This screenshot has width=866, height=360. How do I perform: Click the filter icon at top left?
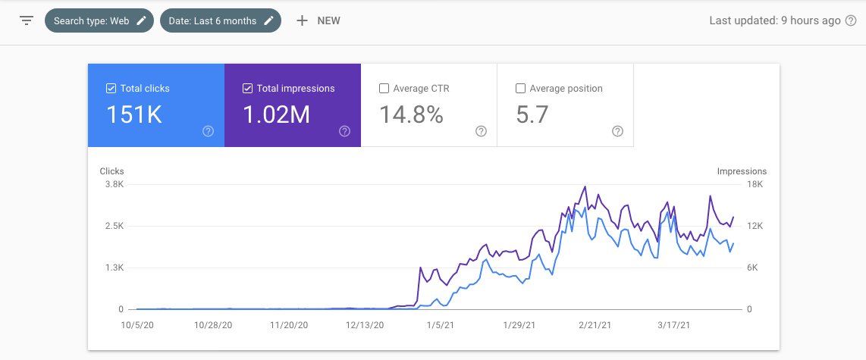click(x=27, y=20)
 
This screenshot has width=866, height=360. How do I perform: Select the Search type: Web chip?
click(x=99, y=20)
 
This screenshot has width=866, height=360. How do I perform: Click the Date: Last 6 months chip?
click(x=220, y=20)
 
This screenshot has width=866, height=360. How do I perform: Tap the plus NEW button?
click(x=318, y=20)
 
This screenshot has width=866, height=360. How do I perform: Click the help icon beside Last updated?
click(x=852, y=20)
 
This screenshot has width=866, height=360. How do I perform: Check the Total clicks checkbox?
click(x=111, y=89)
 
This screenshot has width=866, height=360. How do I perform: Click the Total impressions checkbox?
click(x=247, y=89)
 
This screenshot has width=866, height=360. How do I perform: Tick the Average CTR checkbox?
click(x=384, y=89)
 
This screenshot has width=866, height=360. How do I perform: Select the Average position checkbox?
click(x=520, y=89)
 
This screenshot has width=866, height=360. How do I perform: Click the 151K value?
click(x=134, y=114)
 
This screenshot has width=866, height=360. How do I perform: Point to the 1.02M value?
click(x=275, y=114)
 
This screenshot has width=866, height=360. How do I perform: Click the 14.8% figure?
click(x=410, y=114)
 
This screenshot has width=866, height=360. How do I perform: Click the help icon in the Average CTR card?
click(x=481, y=131)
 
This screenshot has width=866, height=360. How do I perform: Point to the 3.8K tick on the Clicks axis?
click(x=114, y=184)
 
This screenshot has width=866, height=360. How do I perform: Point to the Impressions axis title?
click(x=742, y=171)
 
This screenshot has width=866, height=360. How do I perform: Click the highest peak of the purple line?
click(x=585, y=186)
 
